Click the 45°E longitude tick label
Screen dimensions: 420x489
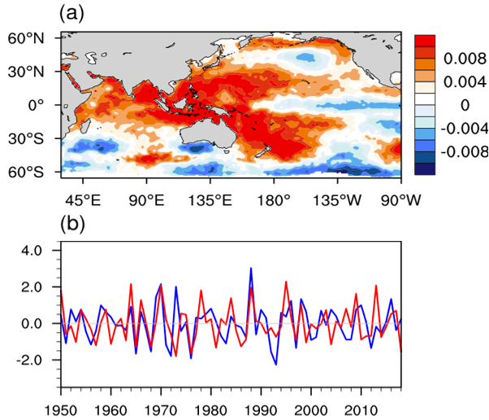pos(81,199)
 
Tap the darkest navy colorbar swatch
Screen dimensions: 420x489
pos(426,168)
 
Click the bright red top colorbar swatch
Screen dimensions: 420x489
pos(426,41)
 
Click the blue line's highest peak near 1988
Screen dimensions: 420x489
pos(251,268)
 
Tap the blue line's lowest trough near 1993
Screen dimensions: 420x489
pos(275,364)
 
